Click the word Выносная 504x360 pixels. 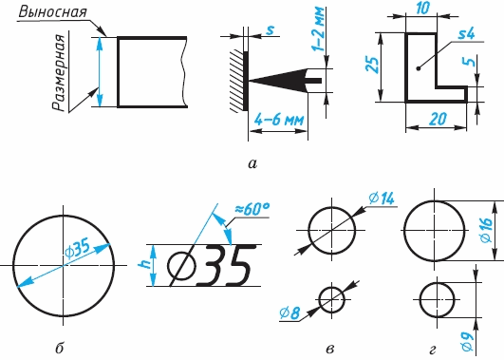(x=53, y=12)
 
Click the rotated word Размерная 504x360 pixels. (x=60, y=73)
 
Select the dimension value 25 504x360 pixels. (x=372, y=66)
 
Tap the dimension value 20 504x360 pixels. (x=439, y=119)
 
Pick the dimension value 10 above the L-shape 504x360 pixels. (x=422, y=8)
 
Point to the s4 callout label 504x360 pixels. (x=466, y=33)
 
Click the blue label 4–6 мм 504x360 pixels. (x=279, y=120)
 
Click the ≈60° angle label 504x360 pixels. (x=252, y=209)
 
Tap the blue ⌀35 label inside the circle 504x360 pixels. (x=78, y=249)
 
